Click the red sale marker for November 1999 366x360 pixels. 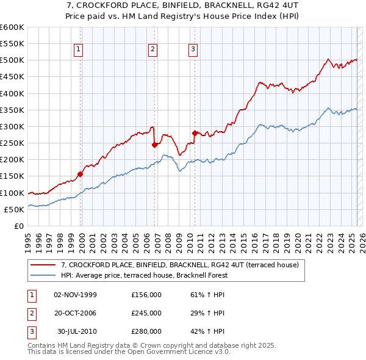point(81,174)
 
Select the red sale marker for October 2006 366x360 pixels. point(154,145)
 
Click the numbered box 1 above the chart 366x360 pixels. point(80,50)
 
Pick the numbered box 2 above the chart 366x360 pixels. point(152,50)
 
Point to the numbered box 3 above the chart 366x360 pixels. point(193,50)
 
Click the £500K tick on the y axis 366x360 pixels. point(12,60)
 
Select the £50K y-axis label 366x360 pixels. point(14,209)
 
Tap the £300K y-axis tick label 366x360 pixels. point(12,126)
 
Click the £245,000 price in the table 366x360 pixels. point(146,313)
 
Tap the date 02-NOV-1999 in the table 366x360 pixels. point(76,295)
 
